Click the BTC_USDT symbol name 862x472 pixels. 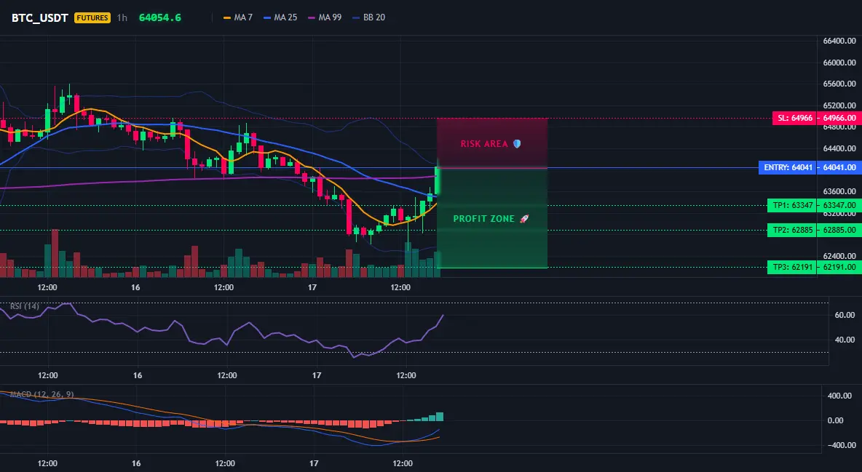(39, 17)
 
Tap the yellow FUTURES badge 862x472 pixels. (92, 17)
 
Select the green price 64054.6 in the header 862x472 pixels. (160, 17)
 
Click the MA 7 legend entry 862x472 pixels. (238, 17)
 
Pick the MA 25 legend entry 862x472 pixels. (280, 17)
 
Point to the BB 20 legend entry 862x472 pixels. (369, 17)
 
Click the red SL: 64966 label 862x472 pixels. (794, 118)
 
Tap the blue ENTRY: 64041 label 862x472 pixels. (787, 167)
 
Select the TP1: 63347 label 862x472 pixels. (791, 206)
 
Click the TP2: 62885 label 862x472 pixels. (791, 231)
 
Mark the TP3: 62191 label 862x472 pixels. (791, 268)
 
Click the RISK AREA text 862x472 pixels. (484, 144)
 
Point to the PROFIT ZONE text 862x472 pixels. (483, 219)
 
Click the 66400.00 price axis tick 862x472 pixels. (839, 41)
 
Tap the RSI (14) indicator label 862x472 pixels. (25, 306)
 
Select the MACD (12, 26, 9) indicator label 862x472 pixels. (41, 394)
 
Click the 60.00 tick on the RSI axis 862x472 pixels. (845, 315)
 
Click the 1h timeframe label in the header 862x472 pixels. (122, 17)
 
